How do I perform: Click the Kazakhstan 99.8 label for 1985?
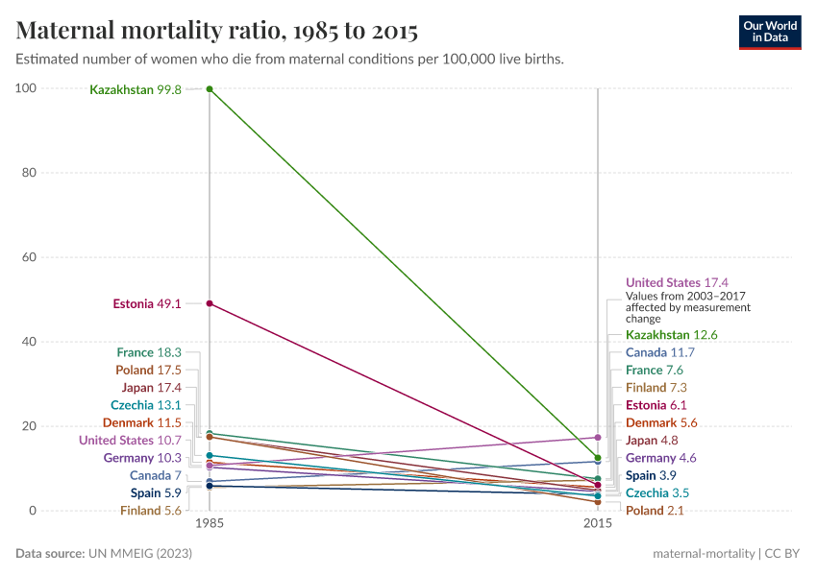tap(136, 89)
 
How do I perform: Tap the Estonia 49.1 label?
tap(147, 303)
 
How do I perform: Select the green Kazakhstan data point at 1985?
tap(210, 89)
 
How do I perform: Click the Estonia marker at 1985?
tap(210, 303)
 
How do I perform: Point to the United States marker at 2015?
tap(598, 438)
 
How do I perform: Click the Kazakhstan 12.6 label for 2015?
tap(672, 335)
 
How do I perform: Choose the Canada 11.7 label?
tap(660, 352)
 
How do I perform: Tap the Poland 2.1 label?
tap(655, 511)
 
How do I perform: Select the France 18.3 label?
tap(149, 352)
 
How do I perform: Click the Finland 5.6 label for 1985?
tap(151, 511)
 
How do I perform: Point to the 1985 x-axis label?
tap(210, 524)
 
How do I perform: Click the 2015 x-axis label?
tap(598, 524)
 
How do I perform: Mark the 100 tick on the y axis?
tap(26, 88)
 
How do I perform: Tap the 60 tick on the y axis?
tap(29, 257)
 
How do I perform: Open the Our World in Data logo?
tap(770, 32)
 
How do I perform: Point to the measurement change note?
tap(688, 308)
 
